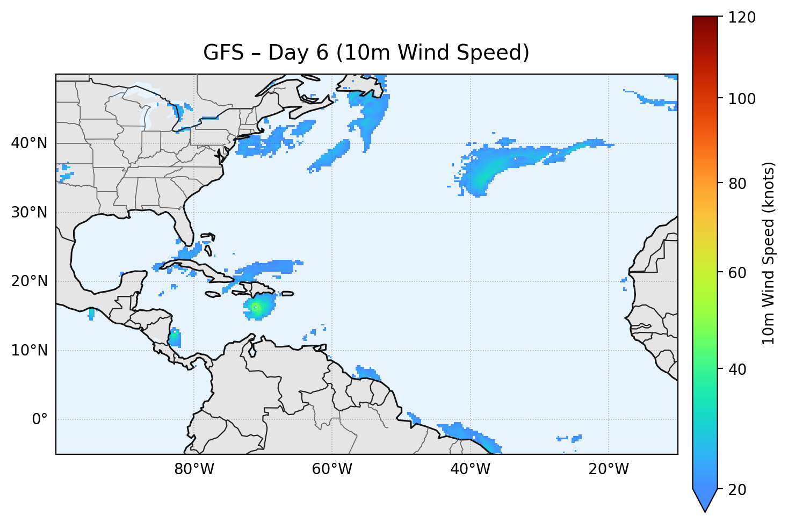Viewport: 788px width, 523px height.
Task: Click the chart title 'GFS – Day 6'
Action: [x=366, y=53]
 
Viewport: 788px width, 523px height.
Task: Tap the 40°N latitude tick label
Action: [x=29, y=143]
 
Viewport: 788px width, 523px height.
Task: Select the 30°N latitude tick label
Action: [x=29, y=213]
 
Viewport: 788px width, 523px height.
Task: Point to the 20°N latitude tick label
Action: [x=29, y=281]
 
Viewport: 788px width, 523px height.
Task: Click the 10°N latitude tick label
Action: [x=29, y=351]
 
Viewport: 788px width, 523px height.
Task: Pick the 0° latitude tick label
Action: [x=40, y=419]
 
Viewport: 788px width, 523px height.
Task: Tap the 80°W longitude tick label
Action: [x=194, y=469]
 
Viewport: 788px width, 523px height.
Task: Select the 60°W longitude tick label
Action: [x=332, y=469]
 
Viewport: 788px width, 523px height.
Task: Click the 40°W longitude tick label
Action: [x=471, y=469]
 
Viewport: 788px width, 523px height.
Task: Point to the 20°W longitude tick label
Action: [x=609, y=469]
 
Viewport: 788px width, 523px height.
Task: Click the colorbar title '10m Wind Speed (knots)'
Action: [x=769, y=253]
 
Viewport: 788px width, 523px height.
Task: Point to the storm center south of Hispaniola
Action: [x=256, y=307]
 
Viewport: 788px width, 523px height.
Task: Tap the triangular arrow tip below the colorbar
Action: [x=705, y=502]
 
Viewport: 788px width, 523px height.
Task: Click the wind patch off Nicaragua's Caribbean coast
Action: [x=175, y=339]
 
